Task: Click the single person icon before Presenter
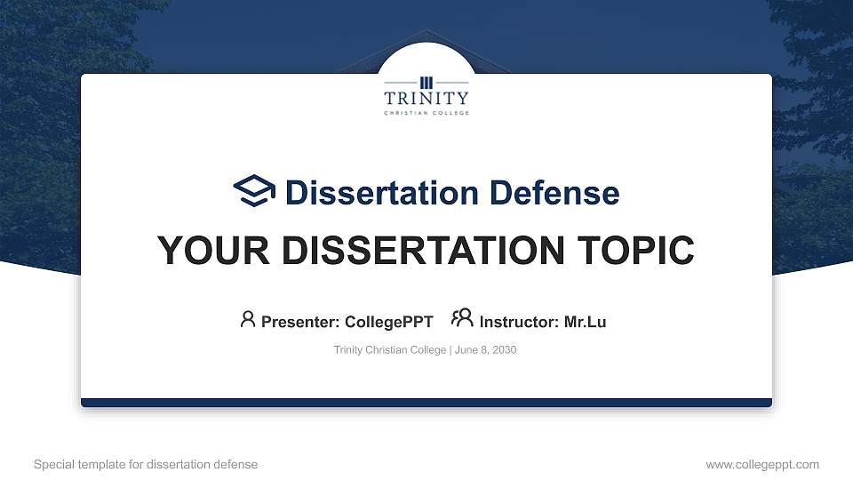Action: click(x=248, y=319)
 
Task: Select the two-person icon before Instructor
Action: click(x=462, y=318)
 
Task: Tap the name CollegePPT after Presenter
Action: click(x=388, y=322)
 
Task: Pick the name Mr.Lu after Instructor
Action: click(x=585, y=322)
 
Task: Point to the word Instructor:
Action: click(x=519, y=322)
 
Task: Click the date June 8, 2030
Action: click(x=486, y=350)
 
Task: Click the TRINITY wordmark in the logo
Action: click(x=426, y=98)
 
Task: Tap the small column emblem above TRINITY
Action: click(x=426, y=82)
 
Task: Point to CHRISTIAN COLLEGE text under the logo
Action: click(x=426, y=113)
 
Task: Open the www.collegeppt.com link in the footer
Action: click(x=761, y=464)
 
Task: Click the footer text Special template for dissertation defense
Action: click(x=146, y=464)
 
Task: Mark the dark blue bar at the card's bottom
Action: click(x=426, y=403)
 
